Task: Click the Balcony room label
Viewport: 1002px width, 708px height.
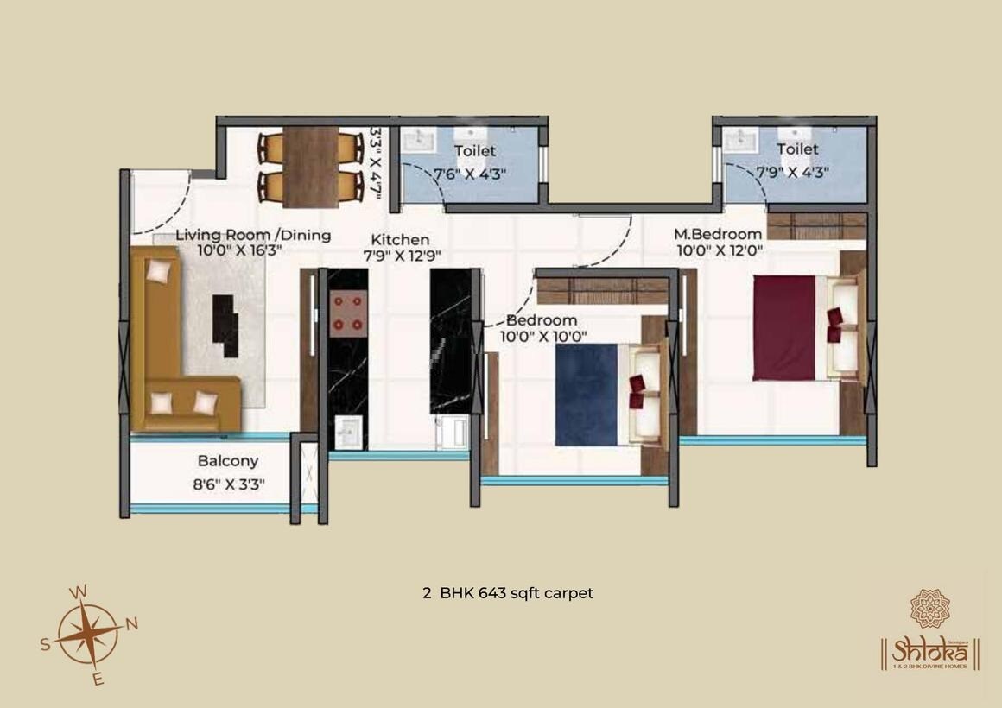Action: coord(227,461)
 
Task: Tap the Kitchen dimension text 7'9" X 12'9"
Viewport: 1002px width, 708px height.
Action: coord(402,256)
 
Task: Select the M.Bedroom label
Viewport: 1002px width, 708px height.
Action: coord(718,233)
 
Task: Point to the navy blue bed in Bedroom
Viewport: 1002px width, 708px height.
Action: coord(587,395)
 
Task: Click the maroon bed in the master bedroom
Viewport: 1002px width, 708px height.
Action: coord(784,328)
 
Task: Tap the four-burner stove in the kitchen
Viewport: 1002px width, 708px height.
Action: coord(348,312)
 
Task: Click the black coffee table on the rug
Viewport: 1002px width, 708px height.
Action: coord(225,325)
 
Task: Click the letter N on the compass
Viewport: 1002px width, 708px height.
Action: coord(132,623)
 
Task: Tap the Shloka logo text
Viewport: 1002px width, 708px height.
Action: coord(929,648)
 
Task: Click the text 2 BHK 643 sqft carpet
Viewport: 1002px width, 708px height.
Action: coord(508,593)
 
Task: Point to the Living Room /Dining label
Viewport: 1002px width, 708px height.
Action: coord(253,235)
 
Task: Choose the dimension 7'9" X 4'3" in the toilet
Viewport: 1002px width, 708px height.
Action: coord(792,171)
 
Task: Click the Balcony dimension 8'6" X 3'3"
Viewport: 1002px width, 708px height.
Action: coord(229,484)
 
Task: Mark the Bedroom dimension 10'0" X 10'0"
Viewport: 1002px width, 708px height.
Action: coord(543,336)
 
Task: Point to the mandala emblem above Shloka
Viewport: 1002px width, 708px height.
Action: coord(929,608)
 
